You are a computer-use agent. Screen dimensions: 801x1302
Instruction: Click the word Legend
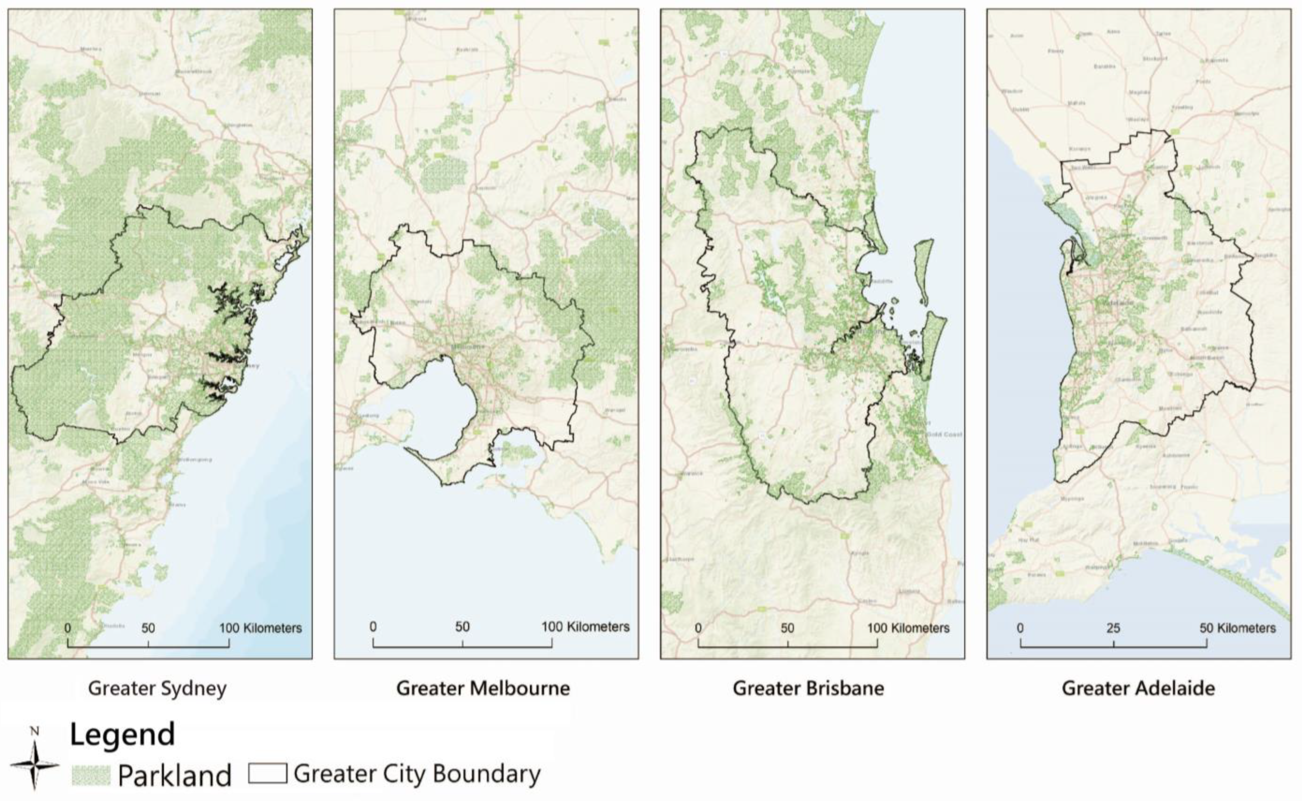pos(122,735)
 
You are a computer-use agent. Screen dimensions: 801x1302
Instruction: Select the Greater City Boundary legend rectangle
pos(268,773)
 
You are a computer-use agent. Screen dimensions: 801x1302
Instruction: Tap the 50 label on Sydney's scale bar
pos(148,628)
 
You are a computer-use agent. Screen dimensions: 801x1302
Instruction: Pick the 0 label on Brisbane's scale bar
pos(698,628)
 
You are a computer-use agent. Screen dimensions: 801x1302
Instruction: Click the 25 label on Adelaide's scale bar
pos(1113,628)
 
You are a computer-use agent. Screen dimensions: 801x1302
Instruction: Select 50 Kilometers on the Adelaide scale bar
pos(1237,628)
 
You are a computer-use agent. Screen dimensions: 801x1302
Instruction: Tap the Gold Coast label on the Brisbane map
pos(945,434)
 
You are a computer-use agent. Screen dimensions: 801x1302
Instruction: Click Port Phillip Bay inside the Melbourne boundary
pos(440,403)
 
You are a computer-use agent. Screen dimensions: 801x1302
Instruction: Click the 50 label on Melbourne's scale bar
pos(462,627)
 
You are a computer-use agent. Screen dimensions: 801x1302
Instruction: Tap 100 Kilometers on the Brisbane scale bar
pos(908,628)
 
